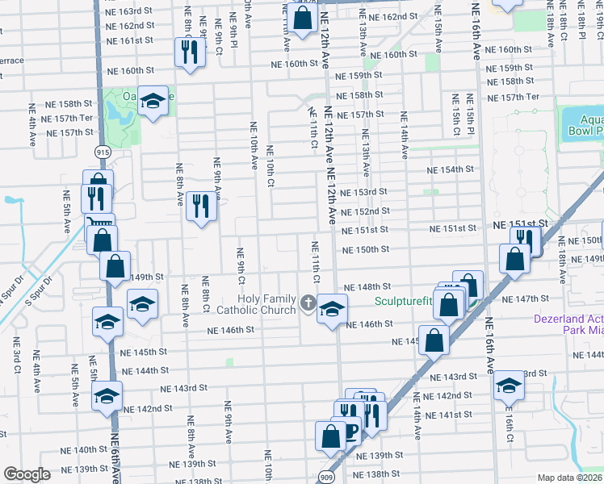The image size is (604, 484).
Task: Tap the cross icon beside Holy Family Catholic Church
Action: tap(307, 303)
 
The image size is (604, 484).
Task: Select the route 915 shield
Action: tap(103, 152)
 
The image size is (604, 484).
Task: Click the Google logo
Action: tap(27, 474)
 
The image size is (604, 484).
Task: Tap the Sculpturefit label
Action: tap(404, 302)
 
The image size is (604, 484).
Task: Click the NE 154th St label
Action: tap(451, 170)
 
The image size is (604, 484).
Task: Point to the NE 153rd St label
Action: tap(363, 192)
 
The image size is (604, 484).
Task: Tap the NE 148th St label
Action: tap(367, 286)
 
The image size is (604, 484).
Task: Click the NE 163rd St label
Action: tap(129, 11)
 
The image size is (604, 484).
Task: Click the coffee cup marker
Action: tap(350, 432)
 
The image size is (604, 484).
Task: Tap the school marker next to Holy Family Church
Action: tap(331, 308)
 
